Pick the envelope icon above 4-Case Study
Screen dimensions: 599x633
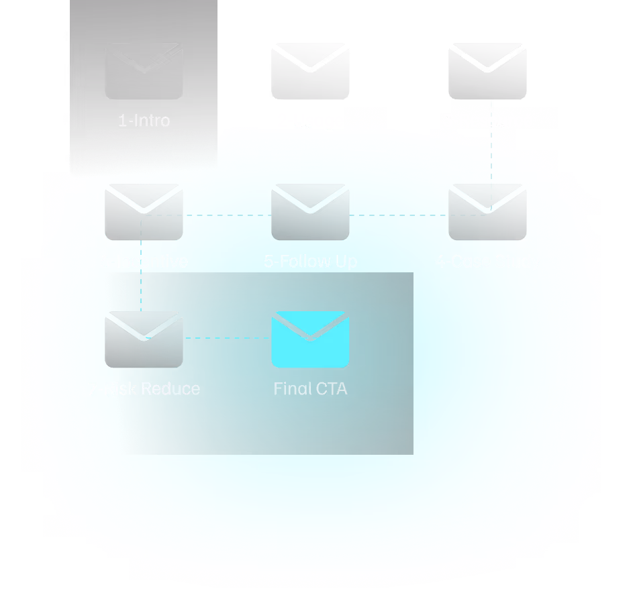point(487,212)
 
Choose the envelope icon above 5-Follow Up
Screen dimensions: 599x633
point(310,212)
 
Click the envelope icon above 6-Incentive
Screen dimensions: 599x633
point(144,212)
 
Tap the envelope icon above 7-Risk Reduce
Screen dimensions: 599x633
point(144,339)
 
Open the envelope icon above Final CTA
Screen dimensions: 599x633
point(310,339)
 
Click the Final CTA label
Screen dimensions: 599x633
point(310,388)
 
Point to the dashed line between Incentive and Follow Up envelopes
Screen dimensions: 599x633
point(227,215)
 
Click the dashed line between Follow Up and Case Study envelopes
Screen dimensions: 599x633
point(399,215)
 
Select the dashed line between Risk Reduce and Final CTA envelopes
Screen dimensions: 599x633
point(227,338)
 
